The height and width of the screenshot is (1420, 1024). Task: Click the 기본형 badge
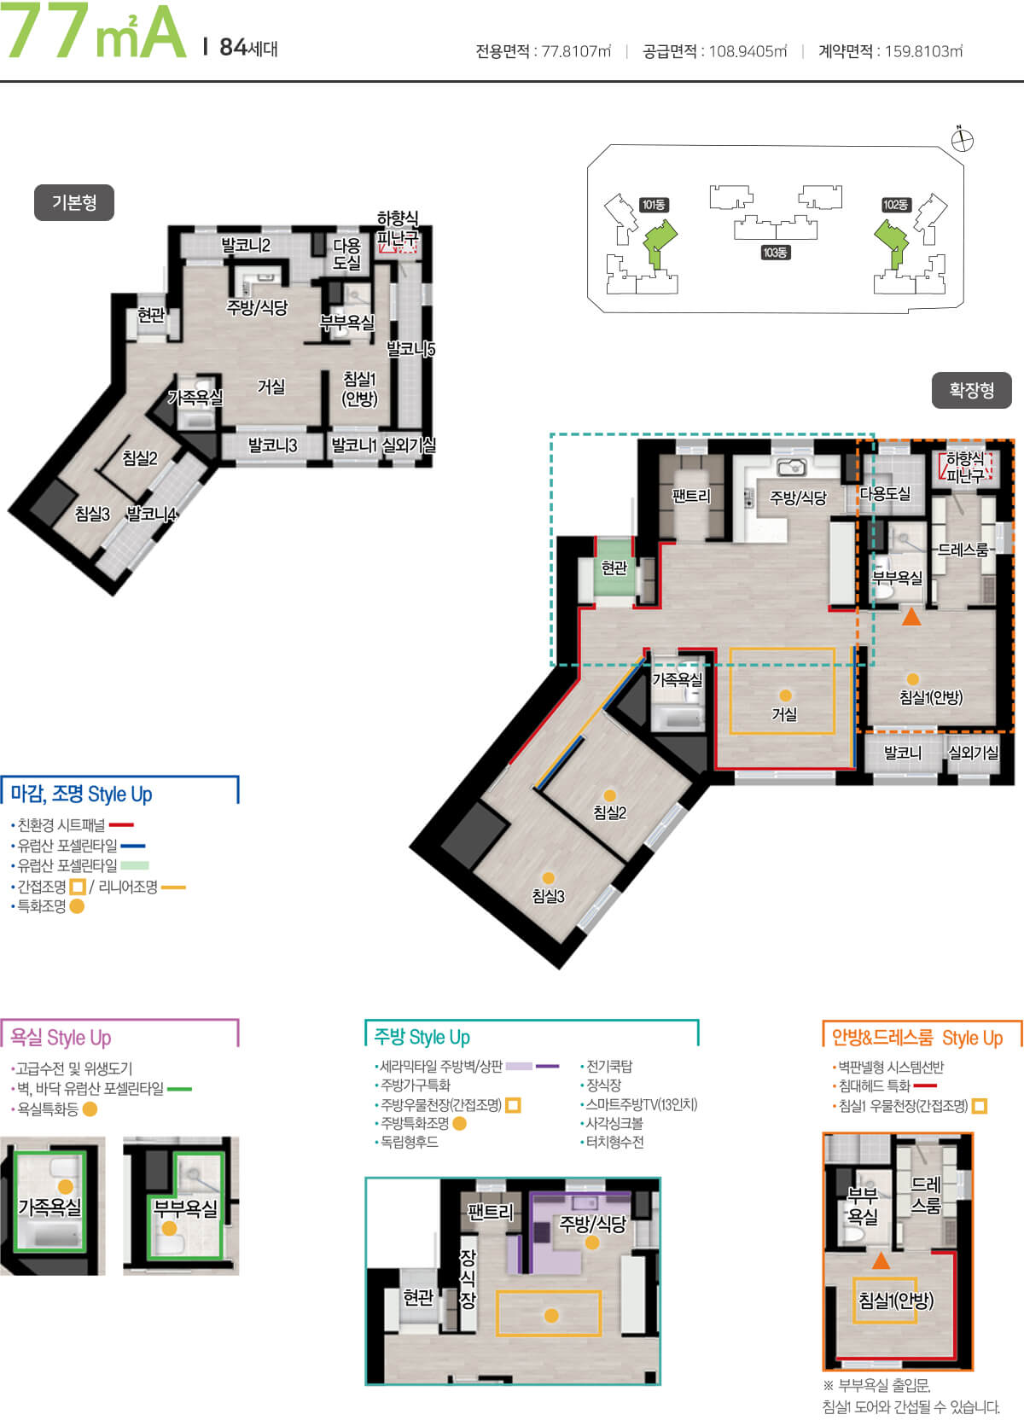(74, 203)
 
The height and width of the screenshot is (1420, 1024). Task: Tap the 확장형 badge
(971, 390)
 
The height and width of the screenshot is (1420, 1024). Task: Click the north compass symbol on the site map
(963, 140)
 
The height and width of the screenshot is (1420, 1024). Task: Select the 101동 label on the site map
(653, 205)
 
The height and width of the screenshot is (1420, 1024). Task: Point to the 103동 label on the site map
(775, 253)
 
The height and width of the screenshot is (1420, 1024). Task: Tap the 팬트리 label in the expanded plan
(691, 496)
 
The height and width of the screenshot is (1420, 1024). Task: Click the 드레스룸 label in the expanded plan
(963, 550)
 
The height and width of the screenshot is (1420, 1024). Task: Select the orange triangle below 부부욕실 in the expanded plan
(911, 616)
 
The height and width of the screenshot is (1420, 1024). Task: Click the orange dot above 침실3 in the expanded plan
(549, 878)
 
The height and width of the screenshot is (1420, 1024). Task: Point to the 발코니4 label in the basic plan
(151, 514)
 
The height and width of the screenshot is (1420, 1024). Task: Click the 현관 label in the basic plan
(151, 314)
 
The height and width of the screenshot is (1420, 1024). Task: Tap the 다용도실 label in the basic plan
(346, 253)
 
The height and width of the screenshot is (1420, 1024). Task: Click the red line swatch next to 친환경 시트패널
(121, 824)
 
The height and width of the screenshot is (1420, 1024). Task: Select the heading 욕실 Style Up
(61, 1038)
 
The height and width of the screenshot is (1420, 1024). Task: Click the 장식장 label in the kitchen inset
(468, 1279)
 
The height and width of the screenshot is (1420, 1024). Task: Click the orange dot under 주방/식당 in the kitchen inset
(592, 1242)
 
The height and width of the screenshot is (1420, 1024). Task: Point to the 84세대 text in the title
(248, 48)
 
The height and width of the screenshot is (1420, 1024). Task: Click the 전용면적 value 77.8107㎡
(576, 50)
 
